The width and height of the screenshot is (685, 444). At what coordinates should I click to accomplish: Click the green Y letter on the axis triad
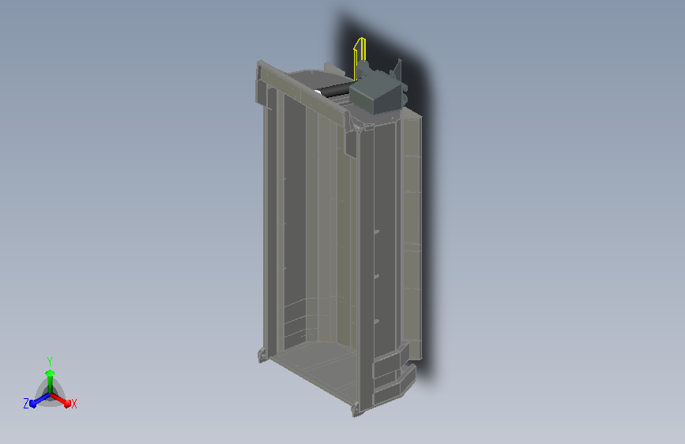pyautogui.click(x=49, y=361)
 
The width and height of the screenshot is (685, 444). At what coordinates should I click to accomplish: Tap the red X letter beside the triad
pyautogui.click(x=73, y=404)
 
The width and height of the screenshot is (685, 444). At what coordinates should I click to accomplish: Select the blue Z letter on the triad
pyautogui.click(x=26, y=404)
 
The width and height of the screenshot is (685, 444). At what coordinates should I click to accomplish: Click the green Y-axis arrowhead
pyautogui.click(x=50, y=373)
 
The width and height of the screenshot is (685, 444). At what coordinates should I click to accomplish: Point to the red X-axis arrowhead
pyautogui.click(x=67, y=404)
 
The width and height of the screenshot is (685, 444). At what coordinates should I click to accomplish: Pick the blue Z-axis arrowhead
pyautogui.click(x=32, y=404)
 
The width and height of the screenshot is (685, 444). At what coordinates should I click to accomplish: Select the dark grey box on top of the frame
pyautogui.click(x=377, y=93)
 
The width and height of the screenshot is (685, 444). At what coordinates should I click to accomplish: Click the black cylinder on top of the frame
pyautogui.click(x=333, y=89)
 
